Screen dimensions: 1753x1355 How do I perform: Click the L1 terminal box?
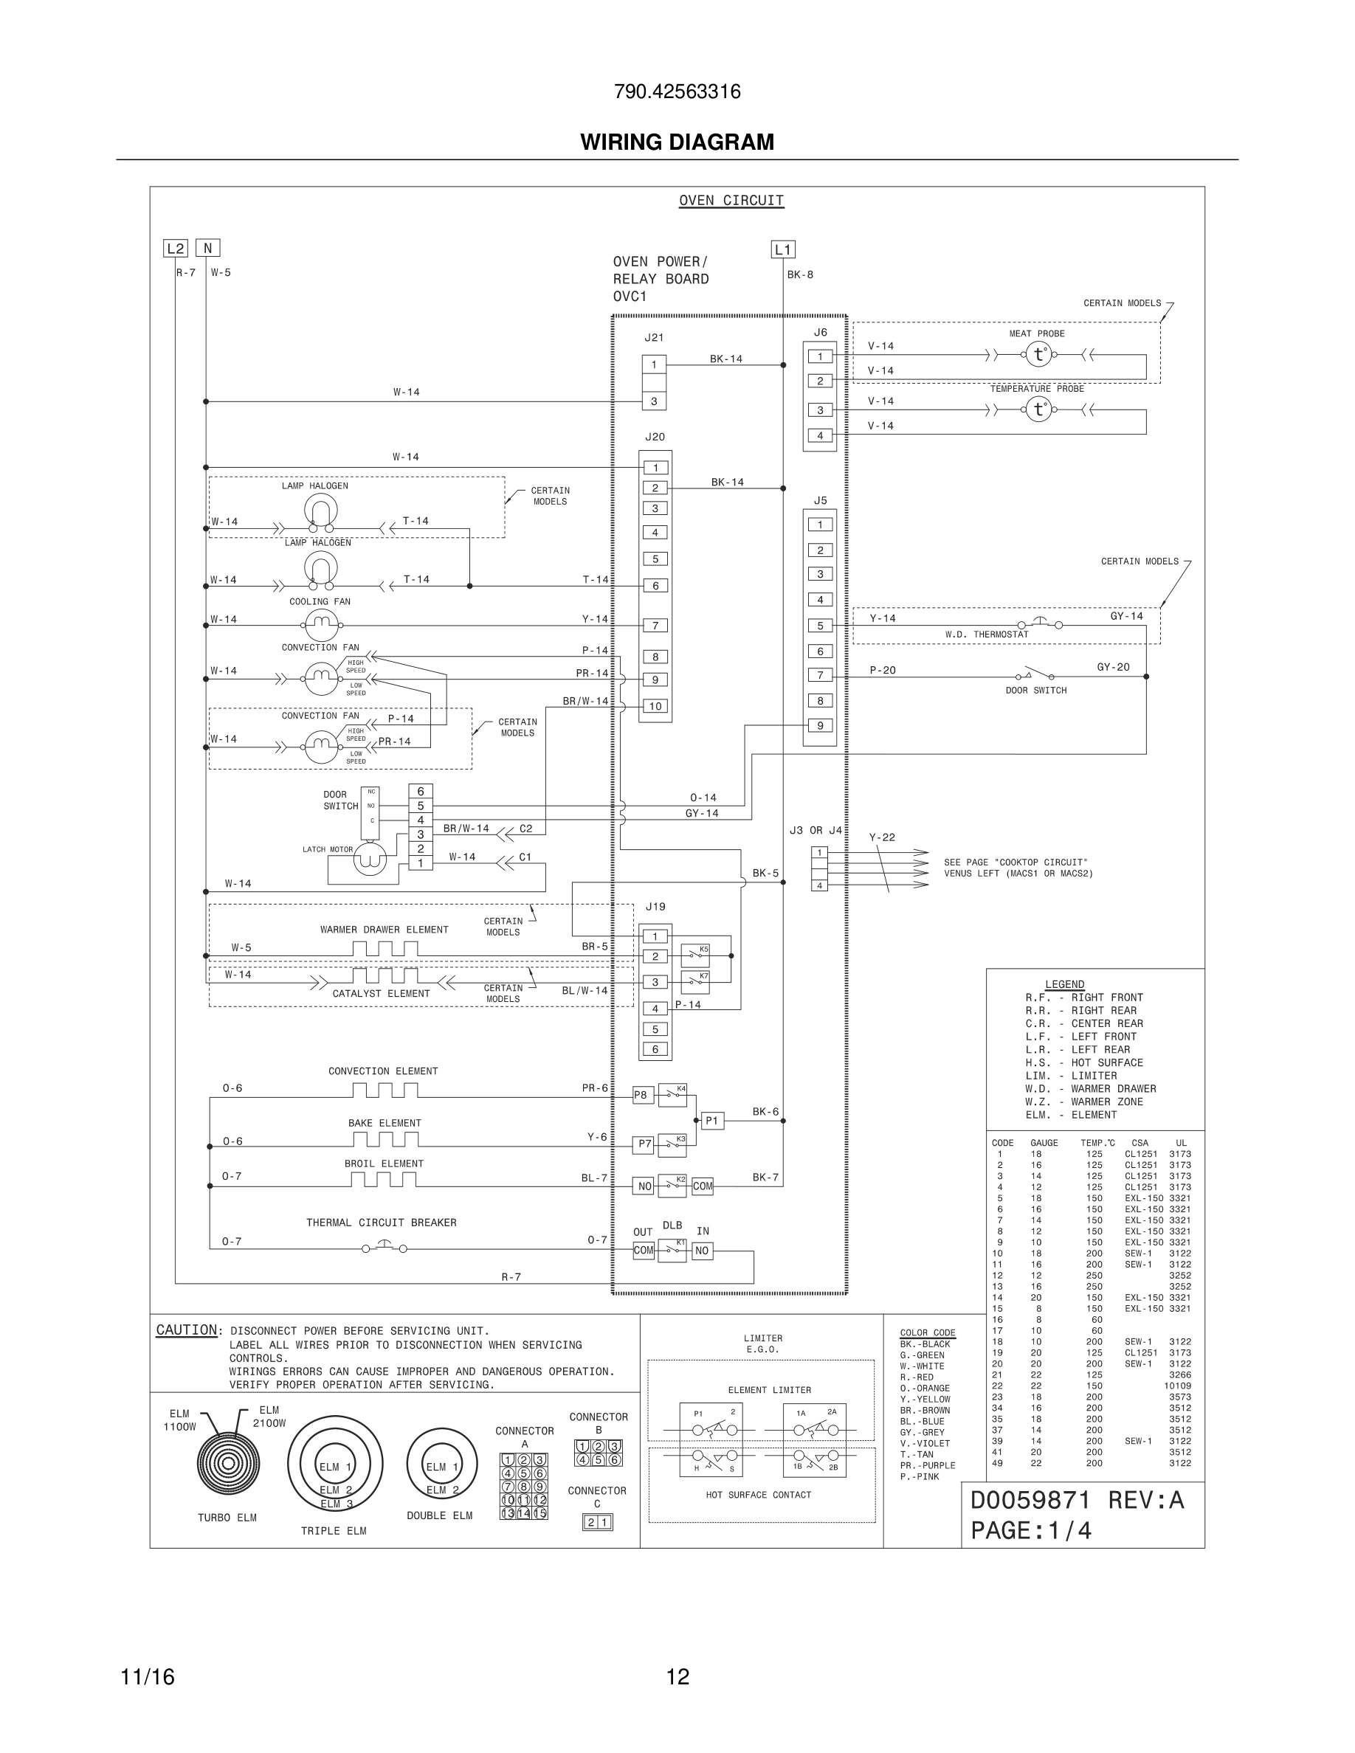tap(782, 249)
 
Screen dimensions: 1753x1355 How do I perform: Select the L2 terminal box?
tap(175, 249)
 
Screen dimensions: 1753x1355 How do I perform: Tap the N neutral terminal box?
tap(207, 249)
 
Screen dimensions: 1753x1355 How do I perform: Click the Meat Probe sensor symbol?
tap(1038, 354)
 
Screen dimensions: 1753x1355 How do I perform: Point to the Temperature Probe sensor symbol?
tap(1038, 409)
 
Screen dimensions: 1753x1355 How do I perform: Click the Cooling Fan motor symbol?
tap(321, 624)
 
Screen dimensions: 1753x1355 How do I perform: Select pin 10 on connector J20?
tap(655, 706)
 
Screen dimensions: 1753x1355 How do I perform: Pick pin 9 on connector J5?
tap(820, 725)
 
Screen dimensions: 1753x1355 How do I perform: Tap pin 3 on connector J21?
tap(653, 401)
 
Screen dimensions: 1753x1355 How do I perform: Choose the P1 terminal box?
tap(712, 1121)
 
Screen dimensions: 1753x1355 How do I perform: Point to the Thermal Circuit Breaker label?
tap(381, 1223)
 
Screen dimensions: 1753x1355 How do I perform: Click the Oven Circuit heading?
tap(731, 201)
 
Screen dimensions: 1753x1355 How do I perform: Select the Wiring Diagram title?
tap(677, 142)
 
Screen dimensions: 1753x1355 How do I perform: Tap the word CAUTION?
tap(186, 1330)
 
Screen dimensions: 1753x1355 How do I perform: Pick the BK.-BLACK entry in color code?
tap(925, 1344)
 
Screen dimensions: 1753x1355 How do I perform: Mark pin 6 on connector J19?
tap(655, 1049)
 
